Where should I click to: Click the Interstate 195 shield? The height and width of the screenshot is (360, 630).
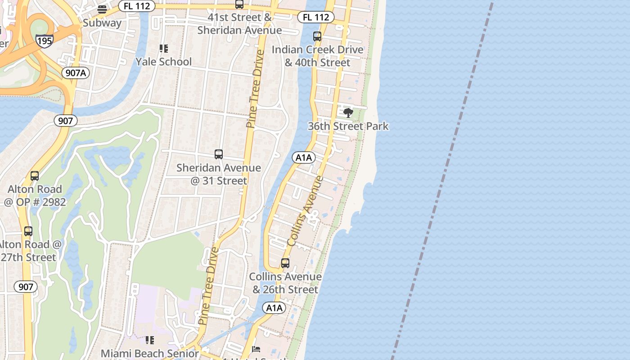tap(45, 41)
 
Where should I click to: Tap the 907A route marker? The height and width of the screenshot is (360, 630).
tap(76, 73)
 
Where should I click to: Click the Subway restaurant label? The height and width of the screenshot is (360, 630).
tap(102, 23)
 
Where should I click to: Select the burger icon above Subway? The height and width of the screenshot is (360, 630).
tap(102, 9)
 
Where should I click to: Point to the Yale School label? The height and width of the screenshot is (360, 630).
tap(164, 62)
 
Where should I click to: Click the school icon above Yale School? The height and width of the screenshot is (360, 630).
tap(164, 48)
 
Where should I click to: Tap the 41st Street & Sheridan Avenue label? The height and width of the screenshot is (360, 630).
tap(239, 24)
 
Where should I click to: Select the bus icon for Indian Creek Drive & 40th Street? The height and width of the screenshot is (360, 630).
tap(317, 36)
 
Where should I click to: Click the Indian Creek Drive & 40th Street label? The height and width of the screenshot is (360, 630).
tap(317, 56)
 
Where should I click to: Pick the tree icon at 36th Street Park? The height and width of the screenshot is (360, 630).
tap(348, 112)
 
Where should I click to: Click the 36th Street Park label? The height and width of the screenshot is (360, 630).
tap(348, 126)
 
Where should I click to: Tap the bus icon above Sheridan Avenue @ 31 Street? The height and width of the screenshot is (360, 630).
tap(219, 154)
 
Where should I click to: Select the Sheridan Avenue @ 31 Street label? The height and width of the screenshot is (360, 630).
tap(219, 174)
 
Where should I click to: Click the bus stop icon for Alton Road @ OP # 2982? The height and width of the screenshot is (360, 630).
tap(35, 176)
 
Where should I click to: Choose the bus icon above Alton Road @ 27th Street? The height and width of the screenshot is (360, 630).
tap(28, 231)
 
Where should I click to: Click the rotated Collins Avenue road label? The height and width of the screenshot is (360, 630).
tap(305, 211)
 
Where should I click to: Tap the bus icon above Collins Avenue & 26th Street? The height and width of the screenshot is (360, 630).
tap(285, 263)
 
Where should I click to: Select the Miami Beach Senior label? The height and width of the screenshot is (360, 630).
tap(149, 353)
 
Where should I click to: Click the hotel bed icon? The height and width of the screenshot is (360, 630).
tap(256, 349)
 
